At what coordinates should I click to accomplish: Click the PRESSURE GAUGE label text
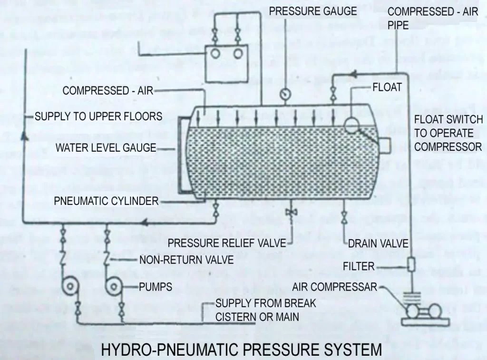313,11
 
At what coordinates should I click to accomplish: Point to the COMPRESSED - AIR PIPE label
433,18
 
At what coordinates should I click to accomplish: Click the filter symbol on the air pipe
410,264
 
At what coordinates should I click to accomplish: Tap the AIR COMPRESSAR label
334,287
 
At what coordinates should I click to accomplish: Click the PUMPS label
156,287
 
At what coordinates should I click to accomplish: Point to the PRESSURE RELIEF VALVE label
227,243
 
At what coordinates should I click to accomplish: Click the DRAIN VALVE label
378,243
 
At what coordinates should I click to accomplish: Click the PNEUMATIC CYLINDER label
106,201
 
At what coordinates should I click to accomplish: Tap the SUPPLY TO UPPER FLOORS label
98,117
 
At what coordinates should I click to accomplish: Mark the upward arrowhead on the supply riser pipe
23,136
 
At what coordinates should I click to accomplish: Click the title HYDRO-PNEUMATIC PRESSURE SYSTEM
242,350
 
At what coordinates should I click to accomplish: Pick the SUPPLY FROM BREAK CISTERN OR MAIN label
265,310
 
